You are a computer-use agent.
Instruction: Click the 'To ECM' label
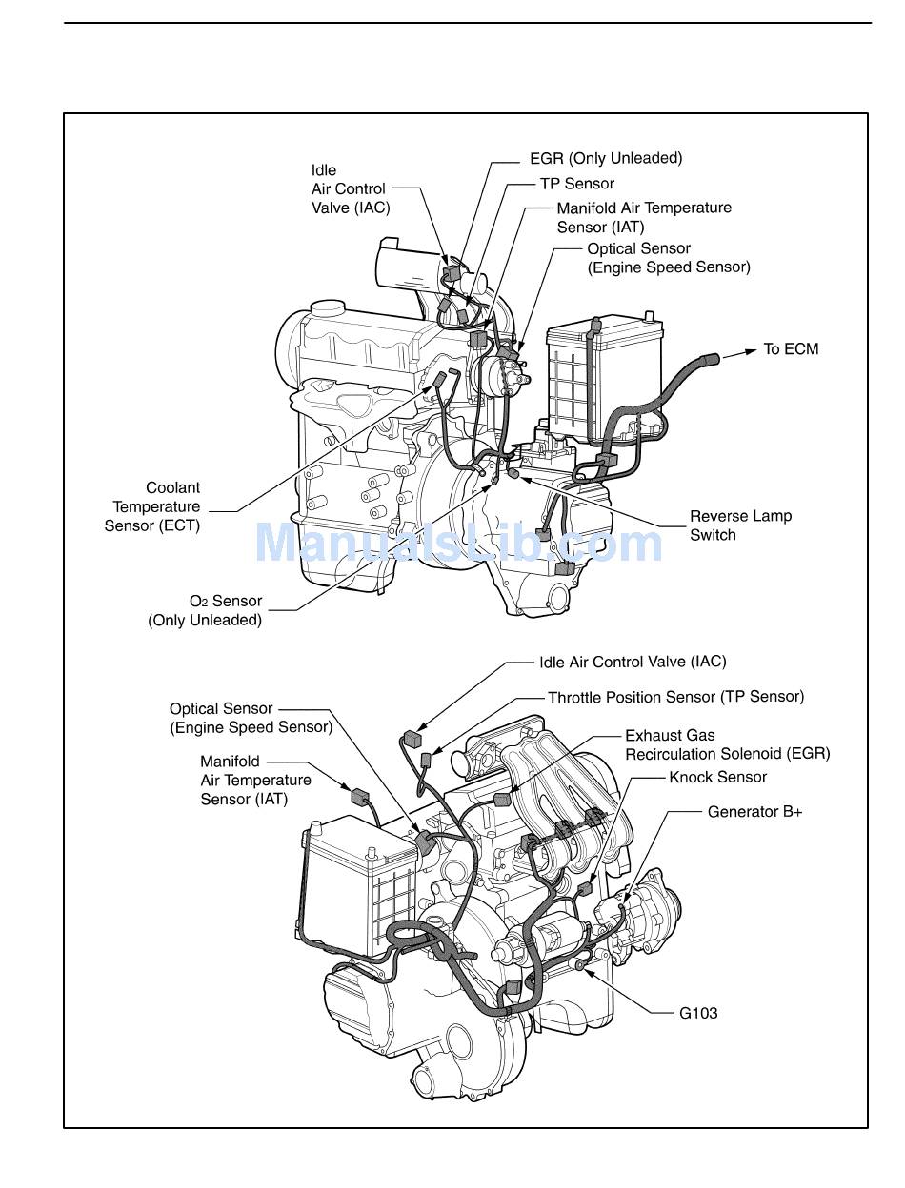coord(791,349)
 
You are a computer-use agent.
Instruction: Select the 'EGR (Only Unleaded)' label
coord(606,158)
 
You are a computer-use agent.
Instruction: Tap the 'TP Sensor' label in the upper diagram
coord(577,184)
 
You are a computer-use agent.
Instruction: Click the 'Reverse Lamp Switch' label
coord(740,525)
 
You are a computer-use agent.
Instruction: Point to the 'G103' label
coord(698,1013)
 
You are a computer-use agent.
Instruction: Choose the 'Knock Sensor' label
coord(717,777)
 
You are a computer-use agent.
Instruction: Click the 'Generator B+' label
coord(754,812)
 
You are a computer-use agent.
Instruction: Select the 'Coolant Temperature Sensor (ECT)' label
coord(152,506)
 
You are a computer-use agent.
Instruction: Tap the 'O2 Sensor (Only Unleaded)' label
coord(205,610)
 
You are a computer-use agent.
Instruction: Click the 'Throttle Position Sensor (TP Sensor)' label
coord(676,697)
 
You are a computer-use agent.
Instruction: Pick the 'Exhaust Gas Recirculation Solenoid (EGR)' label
coord(728,744)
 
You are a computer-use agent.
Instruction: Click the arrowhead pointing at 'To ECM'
coord(750,352)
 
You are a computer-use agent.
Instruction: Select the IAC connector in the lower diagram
coord(412,739)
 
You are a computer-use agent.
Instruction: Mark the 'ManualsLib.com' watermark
coord(459,542)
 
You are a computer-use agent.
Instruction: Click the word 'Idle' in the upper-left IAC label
coord(323,170)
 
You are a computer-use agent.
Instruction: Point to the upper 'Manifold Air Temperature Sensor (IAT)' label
coord(644,218)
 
